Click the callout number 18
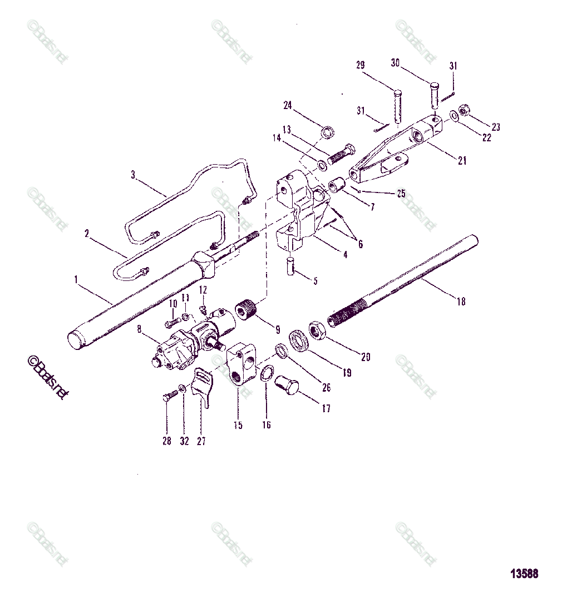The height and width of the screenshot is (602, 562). click(x=461, y=302)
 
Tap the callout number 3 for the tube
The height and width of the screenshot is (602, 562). click(x=133, y=175)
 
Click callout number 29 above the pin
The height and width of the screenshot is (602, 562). click(x=360, y=66)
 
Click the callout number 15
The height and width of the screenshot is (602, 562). click(x=238, y=425)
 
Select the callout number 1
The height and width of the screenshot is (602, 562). click(x=76, y=280)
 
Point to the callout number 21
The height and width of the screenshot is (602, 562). click(x=462, y=161)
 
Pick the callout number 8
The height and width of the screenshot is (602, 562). click(x=140, y=336)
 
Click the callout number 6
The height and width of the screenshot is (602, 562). click(x=360, y=244)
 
